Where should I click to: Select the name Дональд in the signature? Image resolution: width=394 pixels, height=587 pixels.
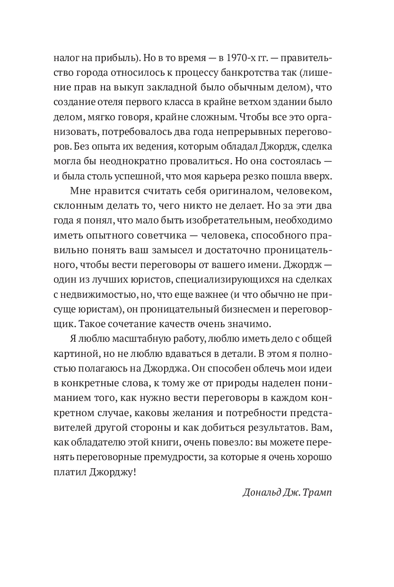[x=262, y=492]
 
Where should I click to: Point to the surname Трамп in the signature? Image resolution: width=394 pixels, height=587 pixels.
[x=317, y=492]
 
